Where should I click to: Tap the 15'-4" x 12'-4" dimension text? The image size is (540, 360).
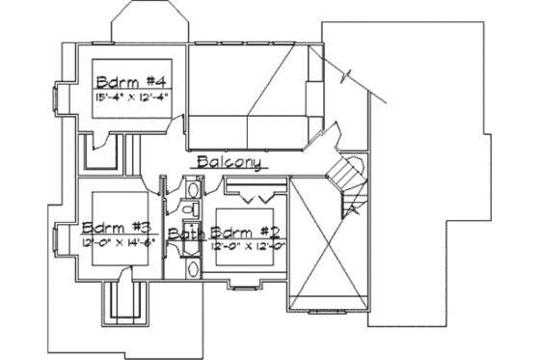click(132, 97)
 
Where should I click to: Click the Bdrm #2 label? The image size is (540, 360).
click(245, 233)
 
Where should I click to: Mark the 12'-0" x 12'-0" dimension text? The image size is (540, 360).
click(245, 246)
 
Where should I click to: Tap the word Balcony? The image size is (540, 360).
click(229, 163)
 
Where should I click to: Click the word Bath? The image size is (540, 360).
click(186, 235)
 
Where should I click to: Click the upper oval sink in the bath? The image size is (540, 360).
click(192, 208)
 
